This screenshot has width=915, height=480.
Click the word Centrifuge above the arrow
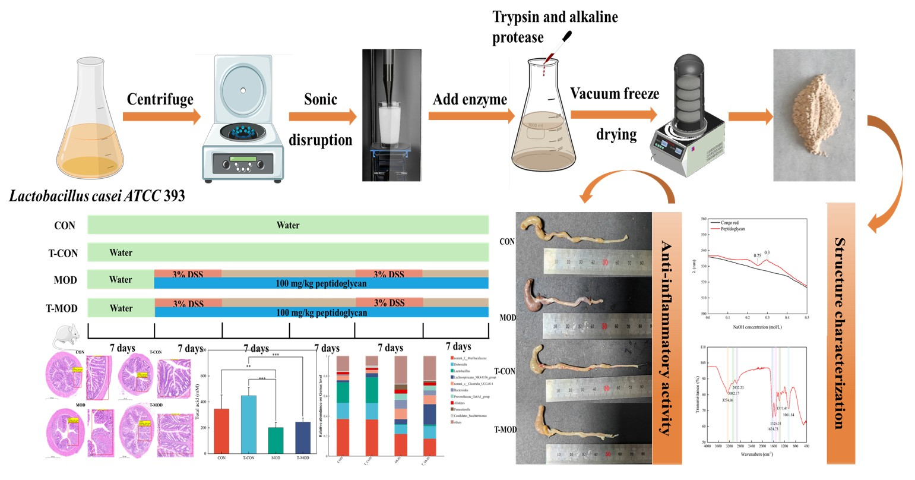coord(160,99)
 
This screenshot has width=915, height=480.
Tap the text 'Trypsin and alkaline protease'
coord(555,27)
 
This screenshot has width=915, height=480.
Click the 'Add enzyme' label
coord(470,99)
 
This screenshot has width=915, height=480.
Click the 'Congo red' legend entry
coord(729,222)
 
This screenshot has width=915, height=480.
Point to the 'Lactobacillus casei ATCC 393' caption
coord(97,195)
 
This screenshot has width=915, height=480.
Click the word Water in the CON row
coord(288,225)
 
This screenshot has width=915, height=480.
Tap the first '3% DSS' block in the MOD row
coord(188,274)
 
